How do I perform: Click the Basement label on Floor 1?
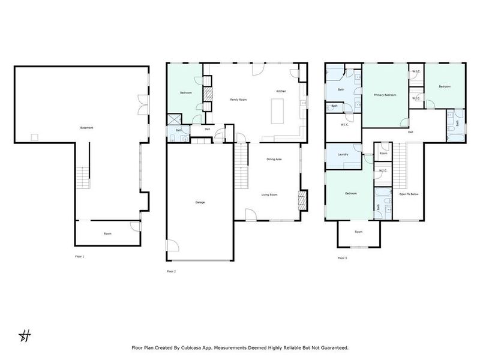(86, 128)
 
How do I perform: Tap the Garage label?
(200, 202)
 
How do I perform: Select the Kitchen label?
(281, 91)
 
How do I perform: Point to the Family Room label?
(239, 100)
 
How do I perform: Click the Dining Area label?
(274, 159)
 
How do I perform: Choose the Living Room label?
(269, 194)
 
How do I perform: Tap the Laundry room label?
(343, 155)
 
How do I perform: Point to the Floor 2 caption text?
(172, 271)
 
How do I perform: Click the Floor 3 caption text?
(342, 258)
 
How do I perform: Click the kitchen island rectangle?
(277, 110)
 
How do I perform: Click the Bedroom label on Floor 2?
(185, 93)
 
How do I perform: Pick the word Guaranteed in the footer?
(332, 347)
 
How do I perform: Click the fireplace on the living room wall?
(302, 199)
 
